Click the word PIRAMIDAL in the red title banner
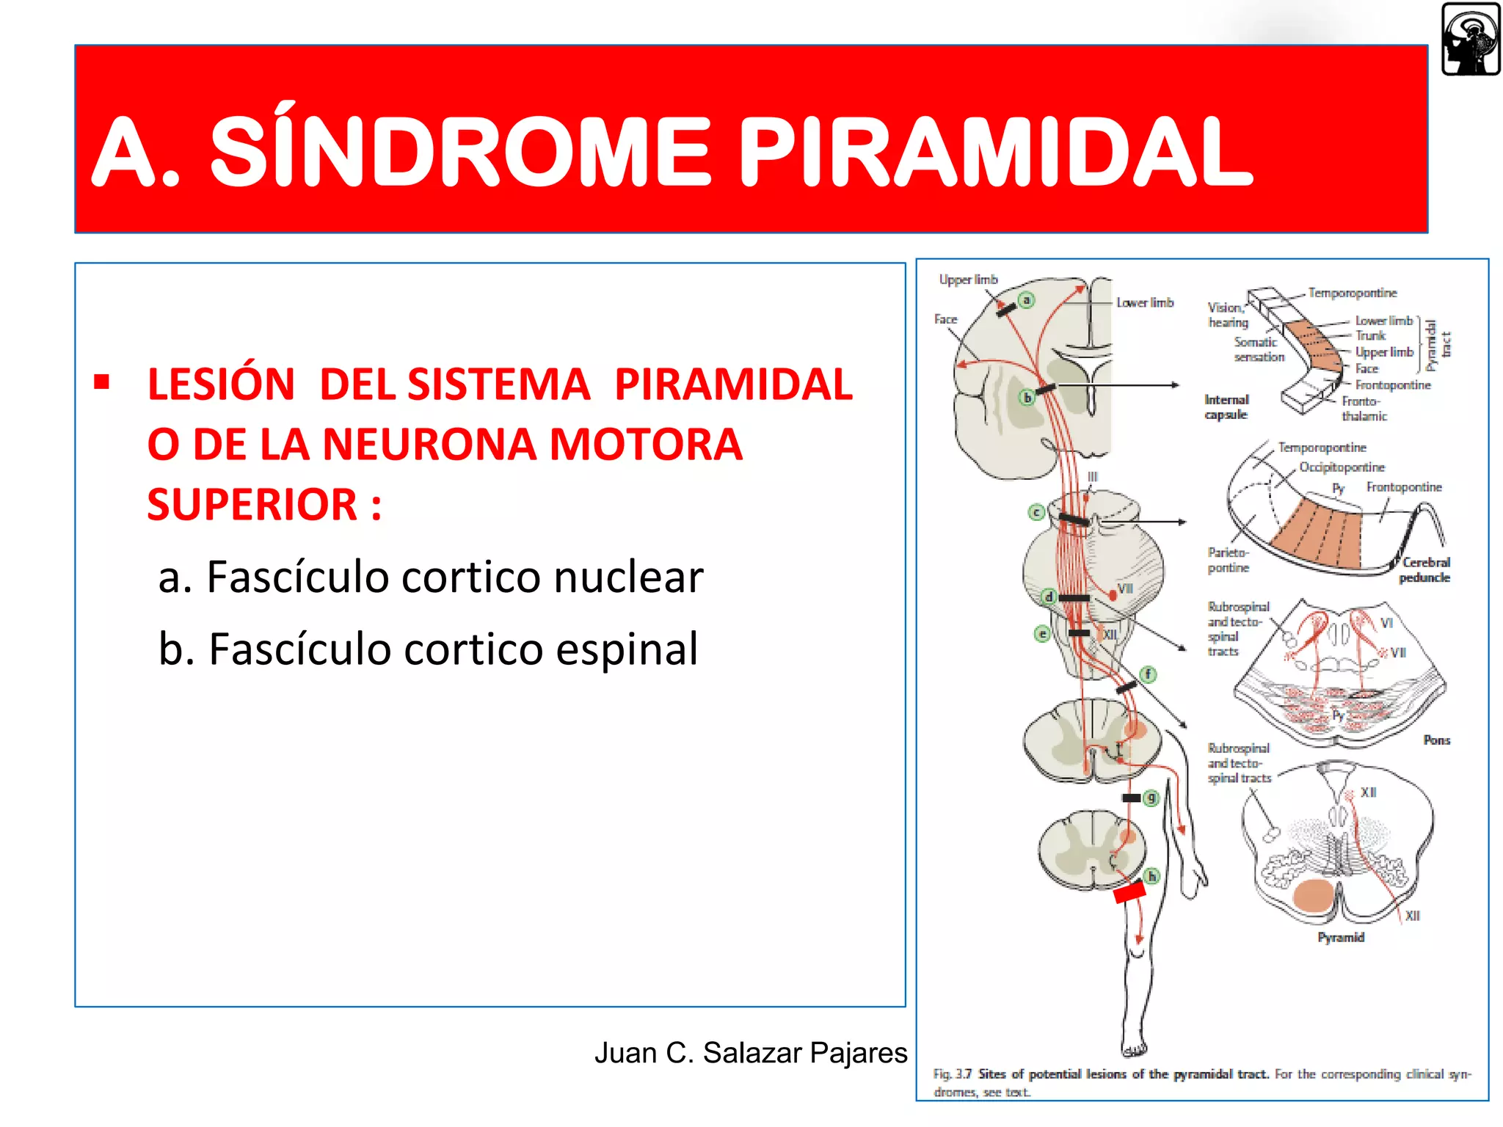[994, 152]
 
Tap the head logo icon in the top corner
[1470, 39]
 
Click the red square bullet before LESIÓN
[102, 382]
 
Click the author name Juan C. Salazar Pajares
[750, 1052]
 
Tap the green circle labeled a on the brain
[1027, 300]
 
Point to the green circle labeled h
[1151, 876]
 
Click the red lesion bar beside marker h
[1129, 893]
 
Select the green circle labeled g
[1151, 798]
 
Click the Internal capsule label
[1226, 407]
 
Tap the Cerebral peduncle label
[1424, 570]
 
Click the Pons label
[1436, 740]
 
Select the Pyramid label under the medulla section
[1340, 938]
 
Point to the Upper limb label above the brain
[968, 280]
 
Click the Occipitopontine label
[1342, 467]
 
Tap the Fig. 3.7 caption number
[952, 1074]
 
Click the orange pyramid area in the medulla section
[1313, 895]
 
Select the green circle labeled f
[1148, 674]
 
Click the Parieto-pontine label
[1228, 560]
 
